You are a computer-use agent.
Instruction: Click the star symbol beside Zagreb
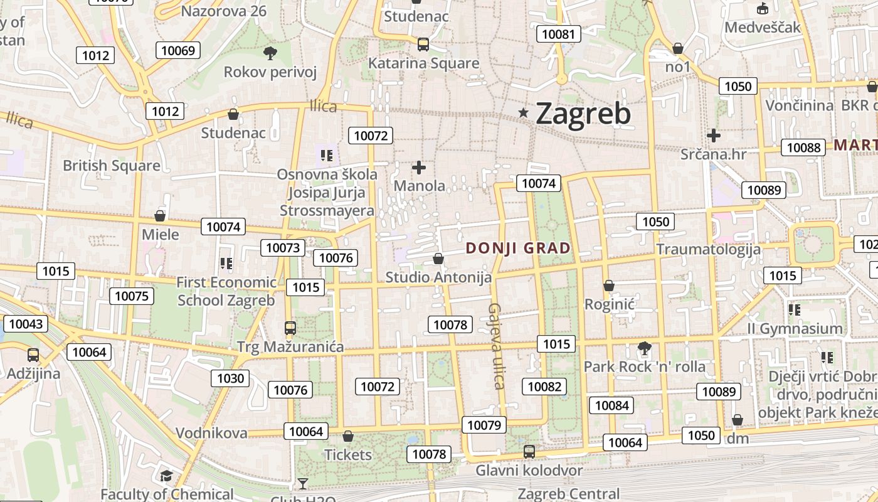(x=523, y=113)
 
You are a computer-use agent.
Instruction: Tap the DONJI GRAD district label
(x=518, y=248)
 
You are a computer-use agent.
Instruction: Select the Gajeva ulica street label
(x=496, y=346)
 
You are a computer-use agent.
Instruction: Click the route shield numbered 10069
(x=178, y=50)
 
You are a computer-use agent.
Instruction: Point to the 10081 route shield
(x=558, y=34)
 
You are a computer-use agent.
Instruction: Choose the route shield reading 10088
(x=803, y=147)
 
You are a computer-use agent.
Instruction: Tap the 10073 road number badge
(x=283, y=247)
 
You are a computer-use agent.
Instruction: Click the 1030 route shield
(x=230, y=378)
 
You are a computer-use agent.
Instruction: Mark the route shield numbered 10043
(x=26, y=324)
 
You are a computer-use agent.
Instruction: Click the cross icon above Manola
(x=419, y=168)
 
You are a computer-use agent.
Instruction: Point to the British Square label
(x=112, y=166)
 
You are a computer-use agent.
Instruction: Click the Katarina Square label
(x=423, y=63)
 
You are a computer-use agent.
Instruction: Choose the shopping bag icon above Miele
(x=160, y=216)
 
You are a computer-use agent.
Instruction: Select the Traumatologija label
(x=708, y=249)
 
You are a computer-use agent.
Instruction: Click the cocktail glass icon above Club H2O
(x=303, y=483)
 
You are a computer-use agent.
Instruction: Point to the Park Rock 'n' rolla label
(x=644, y=366)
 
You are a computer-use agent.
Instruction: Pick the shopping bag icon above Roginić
(x=608, y=286)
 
